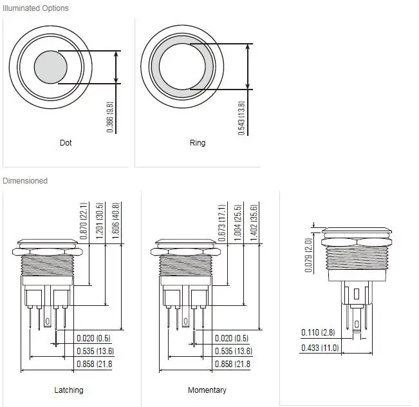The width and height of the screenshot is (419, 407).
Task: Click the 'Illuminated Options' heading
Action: pyautogui.click(x=35, y=8)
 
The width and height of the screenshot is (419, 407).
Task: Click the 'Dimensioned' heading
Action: pyautogui.click(x=25, y=181)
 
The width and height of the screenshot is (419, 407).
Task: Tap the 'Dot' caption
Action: pyautogui.click(x=66, y=143)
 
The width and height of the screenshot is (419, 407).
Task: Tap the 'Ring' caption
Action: pyautogui.click(x=198, y=143)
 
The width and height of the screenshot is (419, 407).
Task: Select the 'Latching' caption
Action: pyautogui.click(x=69, y=390)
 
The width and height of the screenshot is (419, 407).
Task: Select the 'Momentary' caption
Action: pyautogui.click(x=207, y=390)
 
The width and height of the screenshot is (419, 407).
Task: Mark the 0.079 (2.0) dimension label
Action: pyautogui.click(x=308, y=254)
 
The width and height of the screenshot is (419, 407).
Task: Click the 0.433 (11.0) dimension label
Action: pyautogui.click(x=320, y=348)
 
